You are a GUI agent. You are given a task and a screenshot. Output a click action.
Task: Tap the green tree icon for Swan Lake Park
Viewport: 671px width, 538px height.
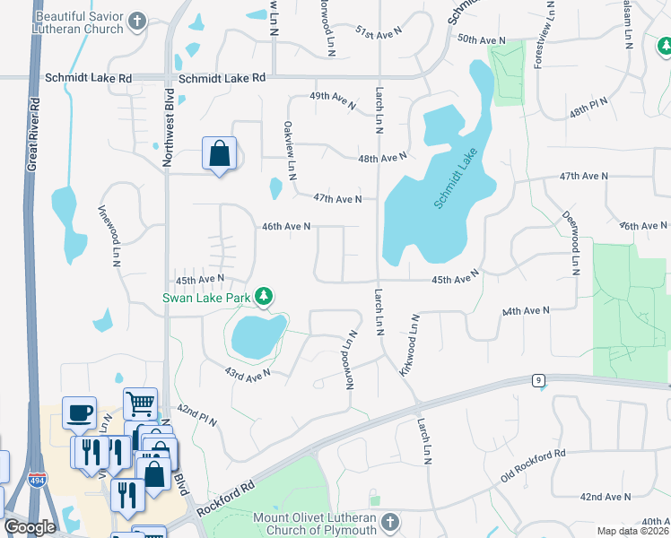click(x=263, y=295)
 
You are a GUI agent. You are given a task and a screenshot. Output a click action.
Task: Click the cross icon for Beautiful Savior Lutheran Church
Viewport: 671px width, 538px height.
click(x=137, y=21)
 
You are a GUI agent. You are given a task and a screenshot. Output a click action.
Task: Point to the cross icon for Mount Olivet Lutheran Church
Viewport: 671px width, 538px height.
click(x=389, y=522)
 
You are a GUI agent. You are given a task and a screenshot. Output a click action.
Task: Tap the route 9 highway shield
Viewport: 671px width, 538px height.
click(x=538, y=380)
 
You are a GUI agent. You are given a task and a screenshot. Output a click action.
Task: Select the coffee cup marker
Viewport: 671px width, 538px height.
click(x=80, y=412)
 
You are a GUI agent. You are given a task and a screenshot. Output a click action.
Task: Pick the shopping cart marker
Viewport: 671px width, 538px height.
click(x=141, y=404)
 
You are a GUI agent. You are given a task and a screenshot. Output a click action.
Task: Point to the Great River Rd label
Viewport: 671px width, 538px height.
click(x=34, y=126)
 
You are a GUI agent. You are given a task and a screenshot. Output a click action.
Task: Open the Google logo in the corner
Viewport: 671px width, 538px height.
click(x=30, y=527)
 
